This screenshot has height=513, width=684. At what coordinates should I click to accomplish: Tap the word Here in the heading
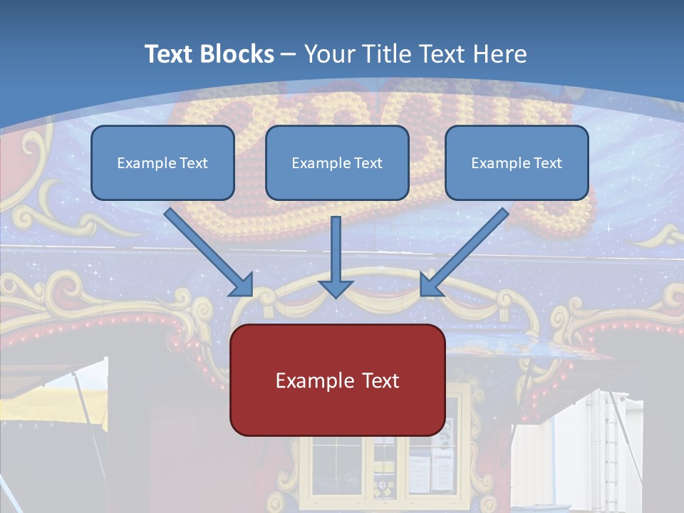point(501,54)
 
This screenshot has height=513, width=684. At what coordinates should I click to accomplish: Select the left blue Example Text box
point(162,162)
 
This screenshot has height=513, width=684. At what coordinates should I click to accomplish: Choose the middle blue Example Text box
point(337,162)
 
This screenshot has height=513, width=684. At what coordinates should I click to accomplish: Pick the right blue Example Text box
point(517,162)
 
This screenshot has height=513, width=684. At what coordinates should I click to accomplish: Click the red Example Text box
point(337,380)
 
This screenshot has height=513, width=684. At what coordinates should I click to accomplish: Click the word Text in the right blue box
point(546,163)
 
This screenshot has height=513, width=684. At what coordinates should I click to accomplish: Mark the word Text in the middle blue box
point(368,163)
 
